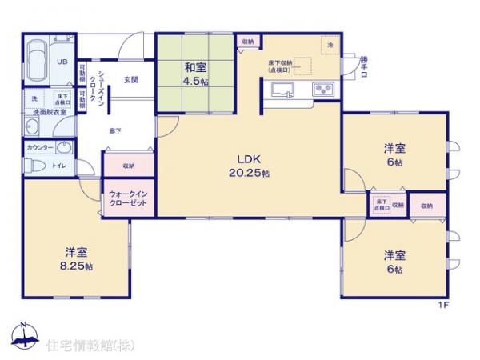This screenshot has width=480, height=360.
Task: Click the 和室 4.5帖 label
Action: point(194,74)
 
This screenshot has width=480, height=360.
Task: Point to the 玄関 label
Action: point(132,80)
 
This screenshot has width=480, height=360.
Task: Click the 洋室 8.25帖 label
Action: point(76,258)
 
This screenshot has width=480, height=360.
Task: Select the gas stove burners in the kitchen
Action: point(324,89)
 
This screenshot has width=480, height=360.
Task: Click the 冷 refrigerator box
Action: point(330,46)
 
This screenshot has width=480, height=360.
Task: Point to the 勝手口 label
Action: point(364,66)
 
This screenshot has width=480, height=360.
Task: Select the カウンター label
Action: point(39,148)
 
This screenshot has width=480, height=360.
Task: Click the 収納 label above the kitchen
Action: point(246,42)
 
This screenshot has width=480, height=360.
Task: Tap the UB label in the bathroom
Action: point(61,61)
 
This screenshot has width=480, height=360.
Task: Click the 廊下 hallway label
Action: point(114,130)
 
